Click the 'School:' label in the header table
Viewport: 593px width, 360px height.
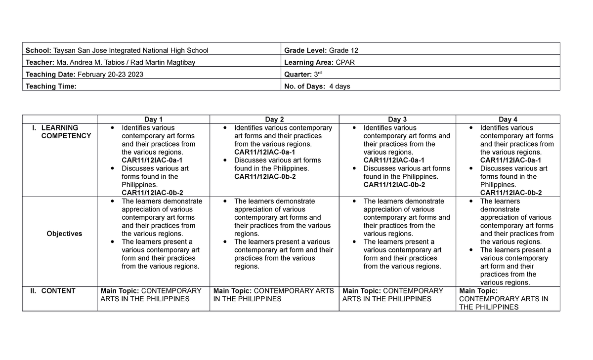pos(39,50)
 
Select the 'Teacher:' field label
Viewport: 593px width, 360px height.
pos(40,62)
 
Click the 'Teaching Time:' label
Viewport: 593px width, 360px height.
pos(51,86)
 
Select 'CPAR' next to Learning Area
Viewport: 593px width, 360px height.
pos(345,62)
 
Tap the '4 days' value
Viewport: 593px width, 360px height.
pos(339,86)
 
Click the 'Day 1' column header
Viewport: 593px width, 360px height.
pos(153,119)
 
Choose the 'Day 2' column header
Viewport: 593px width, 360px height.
pos(274,119)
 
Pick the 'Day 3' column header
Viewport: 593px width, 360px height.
pos(397,119)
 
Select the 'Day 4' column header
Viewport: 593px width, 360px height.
pos(508,119)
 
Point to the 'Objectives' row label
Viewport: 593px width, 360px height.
pos(64,234)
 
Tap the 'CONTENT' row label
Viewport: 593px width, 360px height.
pos(58,291)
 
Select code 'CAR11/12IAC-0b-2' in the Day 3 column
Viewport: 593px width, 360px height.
pos(394,185)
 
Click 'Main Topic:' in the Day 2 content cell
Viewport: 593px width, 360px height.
pos(232,291)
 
